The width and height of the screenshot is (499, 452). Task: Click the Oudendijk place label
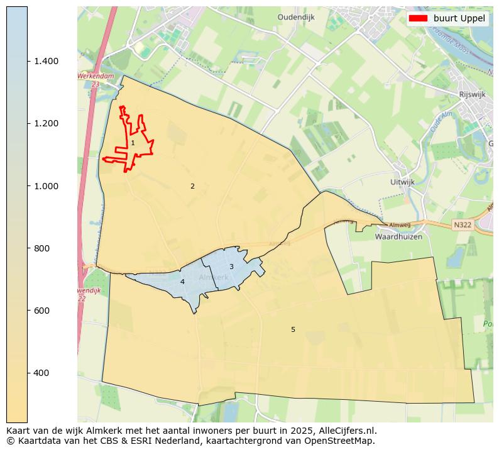point(295,18)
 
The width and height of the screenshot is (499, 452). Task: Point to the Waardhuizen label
point(398,237)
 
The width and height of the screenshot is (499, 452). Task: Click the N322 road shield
point(462,224)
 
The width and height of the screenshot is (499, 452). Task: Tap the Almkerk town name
point(213,277)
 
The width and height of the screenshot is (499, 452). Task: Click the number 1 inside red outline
point(133,143)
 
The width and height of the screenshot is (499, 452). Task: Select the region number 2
point(192,186)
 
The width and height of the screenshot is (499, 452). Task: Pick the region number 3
point(231,267)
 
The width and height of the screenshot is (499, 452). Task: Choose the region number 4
point(182,282)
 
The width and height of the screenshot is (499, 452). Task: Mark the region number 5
point(293,330)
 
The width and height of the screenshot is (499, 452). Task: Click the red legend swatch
point(418,18)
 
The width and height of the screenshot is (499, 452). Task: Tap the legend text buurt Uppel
point(459,18)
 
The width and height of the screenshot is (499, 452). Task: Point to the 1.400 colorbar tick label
point(47,61)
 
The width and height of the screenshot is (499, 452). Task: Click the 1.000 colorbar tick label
point(47,186)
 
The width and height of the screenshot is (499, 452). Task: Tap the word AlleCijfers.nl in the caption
point(344,431)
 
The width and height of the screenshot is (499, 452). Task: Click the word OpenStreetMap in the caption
point(341,441)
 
